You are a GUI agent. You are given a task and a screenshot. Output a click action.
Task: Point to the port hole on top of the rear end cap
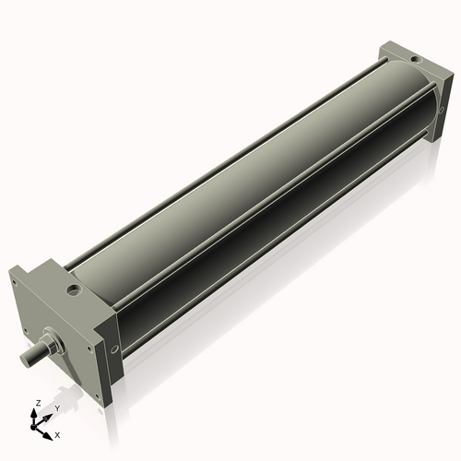pyautogui.click(x=416, y=60)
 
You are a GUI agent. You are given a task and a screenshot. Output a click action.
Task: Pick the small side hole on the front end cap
pyautogui.click(x=114, y=348)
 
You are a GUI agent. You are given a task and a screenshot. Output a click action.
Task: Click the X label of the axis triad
pyautogui.click(x=57, y=433)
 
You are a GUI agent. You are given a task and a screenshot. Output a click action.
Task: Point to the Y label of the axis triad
pyautogui.click(x=57, y=407)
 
